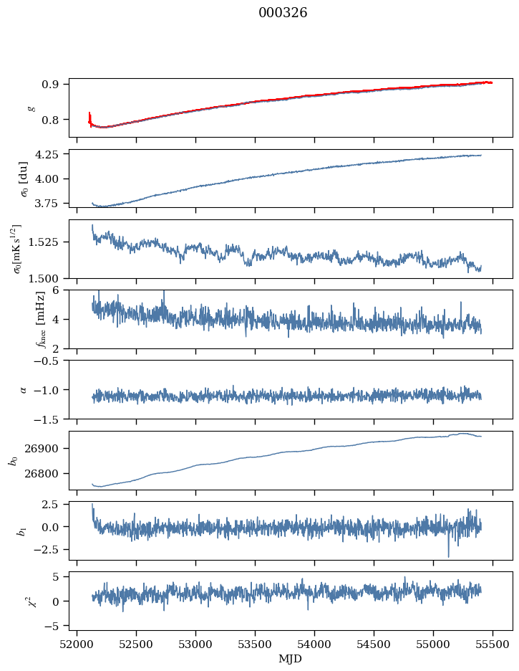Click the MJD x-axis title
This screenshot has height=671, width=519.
[x=291, y=659]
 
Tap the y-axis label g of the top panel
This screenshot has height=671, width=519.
[x=30, y=108]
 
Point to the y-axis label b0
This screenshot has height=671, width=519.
[x=13, y=460]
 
